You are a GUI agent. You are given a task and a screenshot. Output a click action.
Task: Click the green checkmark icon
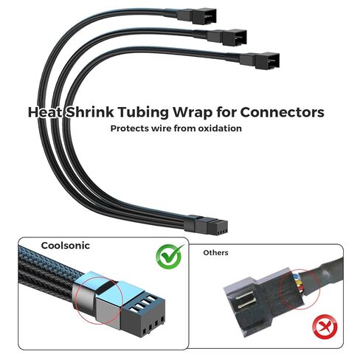tap(170, 257)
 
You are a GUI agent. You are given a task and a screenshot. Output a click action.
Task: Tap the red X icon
tap(325, 327)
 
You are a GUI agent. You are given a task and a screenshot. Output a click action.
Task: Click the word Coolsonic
tap(66, 246)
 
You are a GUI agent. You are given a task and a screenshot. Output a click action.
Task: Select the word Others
tap(215, 252)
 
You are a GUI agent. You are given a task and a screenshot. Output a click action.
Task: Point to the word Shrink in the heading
tap(90, 112)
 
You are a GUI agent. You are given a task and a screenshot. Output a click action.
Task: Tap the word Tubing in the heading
tap(144, 113)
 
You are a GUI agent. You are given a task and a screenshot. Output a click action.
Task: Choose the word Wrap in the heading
tap(193, 113)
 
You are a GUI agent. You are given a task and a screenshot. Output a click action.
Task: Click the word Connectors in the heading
tap(282, 112)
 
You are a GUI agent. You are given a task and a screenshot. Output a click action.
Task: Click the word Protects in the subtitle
tap(129, 128)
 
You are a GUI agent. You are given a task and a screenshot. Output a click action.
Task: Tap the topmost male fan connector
tap(197, 16)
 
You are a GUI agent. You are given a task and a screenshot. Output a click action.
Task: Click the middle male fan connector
tap(226, 37)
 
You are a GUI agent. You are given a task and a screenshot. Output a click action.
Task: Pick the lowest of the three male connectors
tap(260, 60)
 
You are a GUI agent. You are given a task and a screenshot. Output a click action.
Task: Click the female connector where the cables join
tap(206, 225)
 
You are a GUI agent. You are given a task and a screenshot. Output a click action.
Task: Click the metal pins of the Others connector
tap(245, 301)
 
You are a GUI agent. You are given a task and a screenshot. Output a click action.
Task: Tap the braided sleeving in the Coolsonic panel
tap(46, 272)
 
